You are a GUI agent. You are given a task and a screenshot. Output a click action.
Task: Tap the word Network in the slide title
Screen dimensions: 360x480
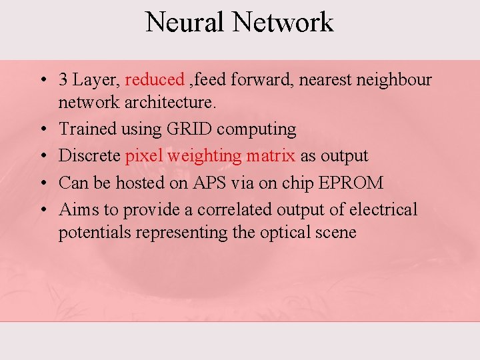283,22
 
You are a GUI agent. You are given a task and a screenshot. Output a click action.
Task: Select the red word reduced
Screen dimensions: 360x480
154,80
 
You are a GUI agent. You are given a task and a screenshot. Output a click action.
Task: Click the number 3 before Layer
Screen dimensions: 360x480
63,80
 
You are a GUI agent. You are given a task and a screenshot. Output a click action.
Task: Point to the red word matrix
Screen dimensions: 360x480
270,156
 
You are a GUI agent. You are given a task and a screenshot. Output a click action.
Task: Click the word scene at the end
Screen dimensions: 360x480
336,233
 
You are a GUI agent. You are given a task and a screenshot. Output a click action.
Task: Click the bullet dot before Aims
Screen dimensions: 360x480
42,210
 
